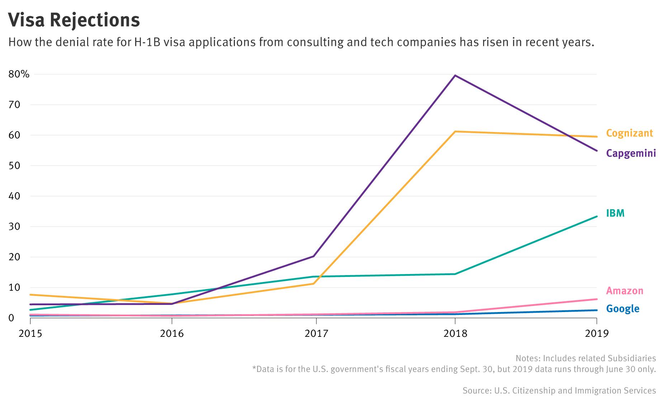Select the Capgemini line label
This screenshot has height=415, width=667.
coord(631,154)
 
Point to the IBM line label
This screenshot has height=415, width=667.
coord(615,213)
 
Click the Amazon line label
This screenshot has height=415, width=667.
coord(624,291)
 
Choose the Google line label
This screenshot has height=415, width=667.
coord(623,308)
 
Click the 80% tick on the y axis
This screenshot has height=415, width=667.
coord(19,74)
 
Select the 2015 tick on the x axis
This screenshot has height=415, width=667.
coord(30,334)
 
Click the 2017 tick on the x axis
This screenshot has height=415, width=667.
coord(316,334)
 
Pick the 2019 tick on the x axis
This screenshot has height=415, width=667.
coord(597,334)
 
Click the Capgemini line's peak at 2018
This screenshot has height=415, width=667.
coord(455,75)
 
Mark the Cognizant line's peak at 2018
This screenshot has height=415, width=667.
coord(455,132)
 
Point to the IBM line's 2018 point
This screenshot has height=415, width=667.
coord(455,274)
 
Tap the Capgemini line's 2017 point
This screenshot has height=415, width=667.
coord(314,256)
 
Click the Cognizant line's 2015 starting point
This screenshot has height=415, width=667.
coord(30,294)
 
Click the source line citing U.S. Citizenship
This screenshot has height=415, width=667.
coord(559,390)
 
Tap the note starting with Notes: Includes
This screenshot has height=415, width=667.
coord(585,358)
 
